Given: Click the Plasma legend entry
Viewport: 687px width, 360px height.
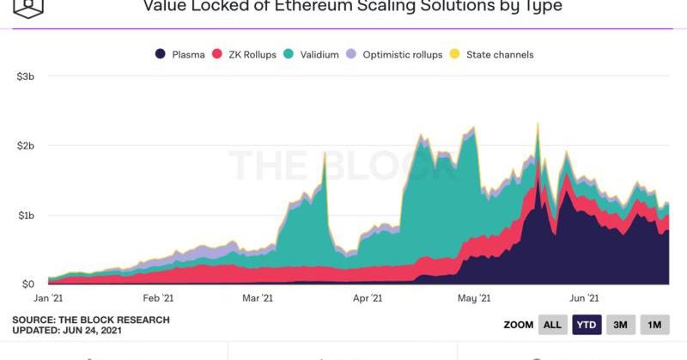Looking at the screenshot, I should pos(180,55).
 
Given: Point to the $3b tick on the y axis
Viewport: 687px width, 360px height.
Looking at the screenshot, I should pos(25,76).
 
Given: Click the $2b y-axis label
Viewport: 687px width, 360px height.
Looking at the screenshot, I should pos(25,146).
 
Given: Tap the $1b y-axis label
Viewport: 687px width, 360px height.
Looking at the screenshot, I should pos(25,215).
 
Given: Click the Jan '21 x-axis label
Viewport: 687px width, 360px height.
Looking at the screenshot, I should pos(48,298).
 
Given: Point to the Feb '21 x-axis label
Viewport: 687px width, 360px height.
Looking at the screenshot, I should pos(158,298).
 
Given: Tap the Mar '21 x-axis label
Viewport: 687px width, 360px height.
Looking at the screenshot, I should pos(258,298).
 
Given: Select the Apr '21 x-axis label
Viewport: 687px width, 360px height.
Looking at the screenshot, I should pos(367,298).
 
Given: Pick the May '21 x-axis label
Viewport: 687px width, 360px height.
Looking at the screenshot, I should pos(473,298).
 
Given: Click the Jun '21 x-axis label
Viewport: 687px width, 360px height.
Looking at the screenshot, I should pos(584,298).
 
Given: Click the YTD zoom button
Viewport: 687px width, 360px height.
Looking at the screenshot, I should pos(587,325).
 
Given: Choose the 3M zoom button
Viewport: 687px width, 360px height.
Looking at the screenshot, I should pos(620,325).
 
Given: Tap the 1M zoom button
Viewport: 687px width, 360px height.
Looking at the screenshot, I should pos(654,325).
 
